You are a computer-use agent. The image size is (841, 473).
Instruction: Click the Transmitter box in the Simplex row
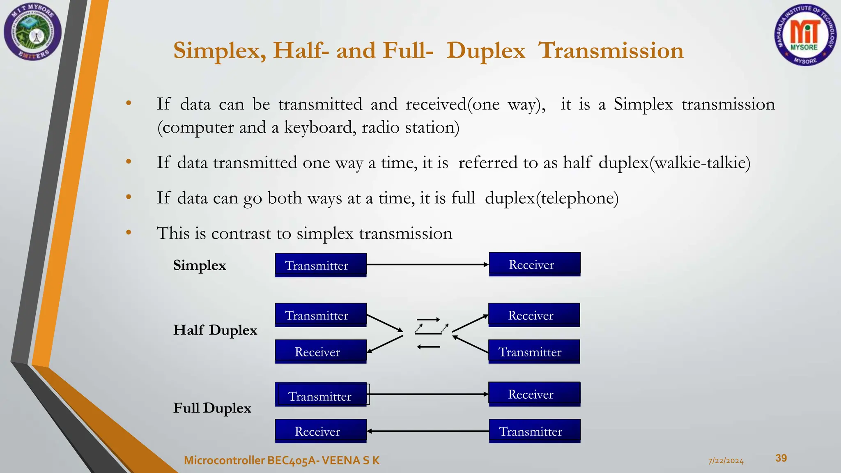(320, 265)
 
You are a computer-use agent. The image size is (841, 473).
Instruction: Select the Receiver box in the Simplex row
(534, 264)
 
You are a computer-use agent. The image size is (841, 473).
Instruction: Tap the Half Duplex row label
(215, 330)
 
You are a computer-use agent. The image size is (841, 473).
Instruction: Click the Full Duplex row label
(212, 408)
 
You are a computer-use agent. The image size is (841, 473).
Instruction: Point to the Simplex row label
(200, 265)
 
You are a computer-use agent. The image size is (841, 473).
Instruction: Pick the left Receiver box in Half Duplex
(320, 352)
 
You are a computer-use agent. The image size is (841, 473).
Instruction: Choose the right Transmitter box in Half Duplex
(534, 352)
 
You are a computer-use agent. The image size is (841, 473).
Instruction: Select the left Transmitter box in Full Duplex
(320, 395)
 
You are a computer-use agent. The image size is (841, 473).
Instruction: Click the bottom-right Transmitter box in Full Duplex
(534, 431)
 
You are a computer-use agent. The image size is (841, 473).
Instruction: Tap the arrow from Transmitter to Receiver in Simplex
(427, 265)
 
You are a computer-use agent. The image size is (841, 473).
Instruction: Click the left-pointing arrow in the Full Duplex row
(427, 431)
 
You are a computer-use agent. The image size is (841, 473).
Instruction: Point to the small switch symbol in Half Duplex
(430, 331)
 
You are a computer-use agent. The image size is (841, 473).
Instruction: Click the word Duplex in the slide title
(486, 51)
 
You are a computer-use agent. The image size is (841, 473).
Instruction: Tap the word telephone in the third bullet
(577, 198)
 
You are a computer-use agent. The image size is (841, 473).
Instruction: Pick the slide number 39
(781, 458)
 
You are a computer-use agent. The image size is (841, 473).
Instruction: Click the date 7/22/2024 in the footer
(726, 461)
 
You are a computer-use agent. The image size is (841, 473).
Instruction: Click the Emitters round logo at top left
(33, 32)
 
